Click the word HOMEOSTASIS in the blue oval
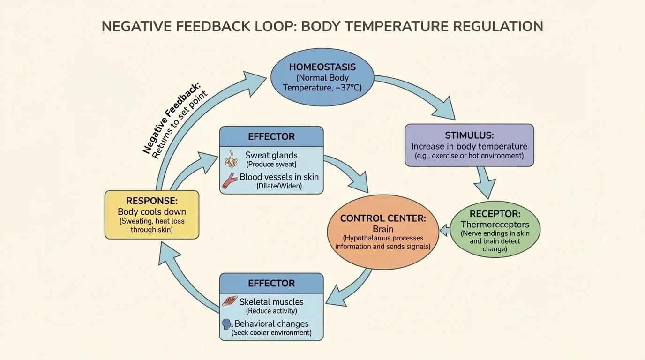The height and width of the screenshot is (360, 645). pos(322,67)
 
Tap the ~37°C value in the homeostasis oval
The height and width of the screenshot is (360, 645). pos(347,88)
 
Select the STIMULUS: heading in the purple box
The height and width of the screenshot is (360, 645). pos(469,135)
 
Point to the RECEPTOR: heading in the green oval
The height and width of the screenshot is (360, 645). pos(495,214)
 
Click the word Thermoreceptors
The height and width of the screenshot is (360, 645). pos(495,225)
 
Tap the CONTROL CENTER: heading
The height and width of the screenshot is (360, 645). pos(382,218)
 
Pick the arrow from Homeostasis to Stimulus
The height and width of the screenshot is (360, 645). pos(422,96)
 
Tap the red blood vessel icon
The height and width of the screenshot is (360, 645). pos(230,180)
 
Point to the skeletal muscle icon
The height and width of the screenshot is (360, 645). pos(230,301)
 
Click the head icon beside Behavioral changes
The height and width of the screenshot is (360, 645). pos(227,324)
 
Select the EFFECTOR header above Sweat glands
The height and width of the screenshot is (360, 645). pos(271,137)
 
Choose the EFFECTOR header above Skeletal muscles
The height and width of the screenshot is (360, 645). pos(271,283)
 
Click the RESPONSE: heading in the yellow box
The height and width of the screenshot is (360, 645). pos(152,201)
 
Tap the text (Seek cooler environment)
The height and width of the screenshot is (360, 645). pos(271,333)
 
